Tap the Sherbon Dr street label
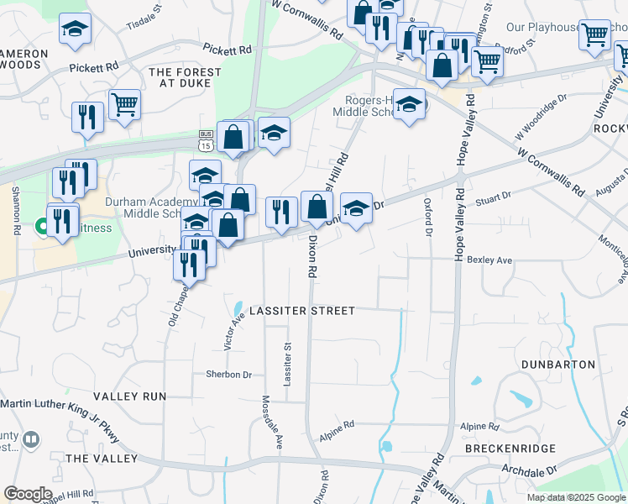tap(229, 375)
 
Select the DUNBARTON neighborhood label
tap(558, 365)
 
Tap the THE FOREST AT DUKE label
tap(185, 78)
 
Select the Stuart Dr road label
tap(493, 197)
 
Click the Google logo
tap(28, 494)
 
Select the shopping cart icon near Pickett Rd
tap(124, 105)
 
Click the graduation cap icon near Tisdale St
tap(75, 29)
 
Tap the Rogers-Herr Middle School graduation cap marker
tap(409, 104)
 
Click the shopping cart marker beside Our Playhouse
tap(594, 34)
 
